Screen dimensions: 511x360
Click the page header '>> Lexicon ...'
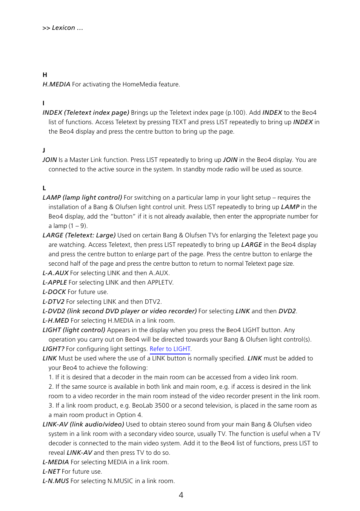(x=63, y=28)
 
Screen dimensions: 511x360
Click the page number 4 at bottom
(x=181, y=495)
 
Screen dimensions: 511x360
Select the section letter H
(x=45, y=75)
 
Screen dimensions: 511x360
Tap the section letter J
(x=44, y=150)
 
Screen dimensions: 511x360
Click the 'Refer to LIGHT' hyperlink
(x=170, y=349)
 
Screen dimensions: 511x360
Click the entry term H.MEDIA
(x=56, y=84)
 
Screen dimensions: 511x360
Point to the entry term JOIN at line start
(x=49, y=160)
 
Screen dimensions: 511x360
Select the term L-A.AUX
(x=55, y=273)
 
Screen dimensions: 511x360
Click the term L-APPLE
(x=54, y=282)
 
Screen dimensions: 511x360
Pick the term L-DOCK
(x=54, y=292)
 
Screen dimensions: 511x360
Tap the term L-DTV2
(x=53, y=302)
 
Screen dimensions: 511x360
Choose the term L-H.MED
(x=55, y=320)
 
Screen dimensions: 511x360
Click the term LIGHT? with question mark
(x=53, y=349)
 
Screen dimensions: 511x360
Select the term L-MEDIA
(x=55, y=462)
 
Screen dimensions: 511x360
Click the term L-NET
(x=51, y=471)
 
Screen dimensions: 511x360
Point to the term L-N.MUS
(x=55, y=481)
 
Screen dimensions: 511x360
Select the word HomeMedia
(x=140, y=84)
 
